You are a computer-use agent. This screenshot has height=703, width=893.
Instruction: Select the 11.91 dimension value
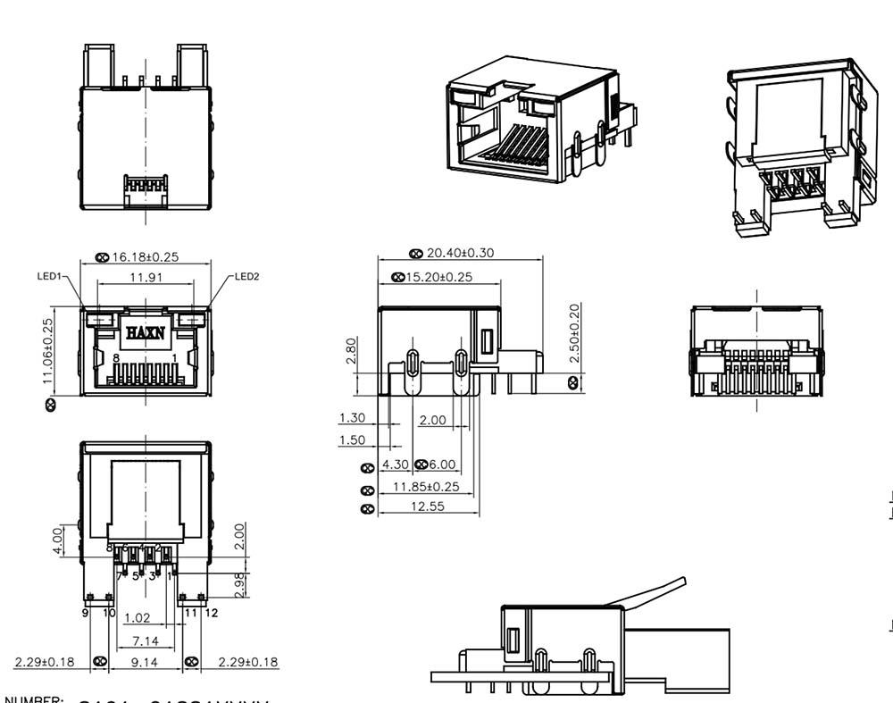146,278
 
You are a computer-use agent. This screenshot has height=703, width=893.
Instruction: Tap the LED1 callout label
48,276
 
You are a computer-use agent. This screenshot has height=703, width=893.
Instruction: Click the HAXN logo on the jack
145,332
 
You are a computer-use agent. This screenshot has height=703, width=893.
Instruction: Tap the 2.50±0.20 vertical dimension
574,332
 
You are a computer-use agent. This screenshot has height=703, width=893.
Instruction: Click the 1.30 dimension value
352,417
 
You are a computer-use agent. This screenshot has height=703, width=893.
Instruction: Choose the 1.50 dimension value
352,440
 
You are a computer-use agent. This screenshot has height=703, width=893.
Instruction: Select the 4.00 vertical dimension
55,540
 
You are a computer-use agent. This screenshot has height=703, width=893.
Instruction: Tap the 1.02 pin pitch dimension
137,617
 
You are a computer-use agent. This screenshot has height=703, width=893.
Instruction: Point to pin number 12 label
213,614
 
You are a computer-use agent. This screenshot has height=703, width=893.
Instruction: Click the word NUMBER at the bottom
35,698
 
